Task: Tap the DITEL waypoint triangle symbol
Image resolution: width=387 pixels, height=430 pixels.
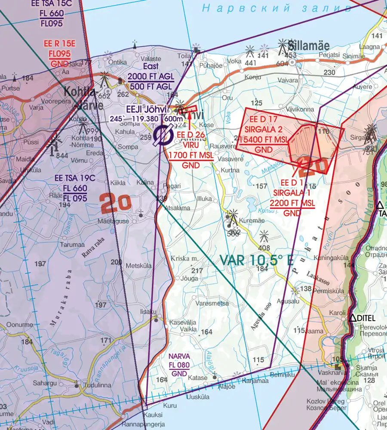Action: pyautogui.click(x=353, y=318)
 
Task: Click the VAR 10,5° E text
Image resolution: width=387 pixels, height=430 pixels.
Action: pyautogui.click(x=257, y=260)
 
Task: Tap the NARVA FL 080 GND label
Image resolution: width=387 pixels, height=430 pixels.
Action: pyautogui.click(x=179, y=365)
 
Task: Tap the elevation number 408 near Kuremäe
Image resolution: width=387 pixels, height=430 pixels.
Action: pyautogui.click(x=264, y=248)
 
